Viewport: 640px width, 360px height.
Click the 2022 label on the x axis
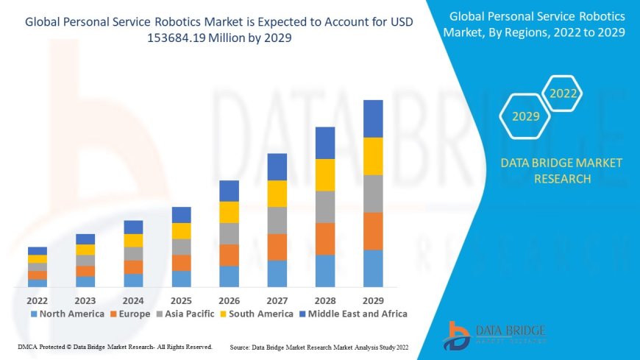[37, 300]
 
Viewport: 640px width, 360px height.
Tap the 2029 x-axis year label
[373, 300]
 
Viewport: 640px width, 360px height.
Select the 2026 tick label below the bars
[229, 300]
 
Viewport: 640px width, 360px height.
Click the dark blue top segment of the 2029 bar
[373, 119]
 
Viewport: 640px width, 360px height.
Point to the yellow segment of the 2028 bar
[325, 174]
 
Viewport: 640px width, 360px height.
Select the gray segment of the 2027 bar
[277, 220]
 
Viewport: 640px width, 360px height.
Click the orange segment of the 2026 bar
[229, 255]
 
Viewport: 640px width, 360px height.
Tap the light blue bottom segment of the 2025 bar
[181, 278]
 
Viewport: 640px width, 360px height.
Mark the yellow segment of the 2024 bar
[133, 240]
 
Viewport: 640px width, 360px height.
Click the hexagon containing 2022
[563, 93]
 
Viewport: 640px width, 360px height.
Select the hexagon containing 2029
[525, 116]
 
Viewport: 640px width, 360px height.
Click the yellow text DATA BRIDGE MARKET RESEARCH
[561, 171]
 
